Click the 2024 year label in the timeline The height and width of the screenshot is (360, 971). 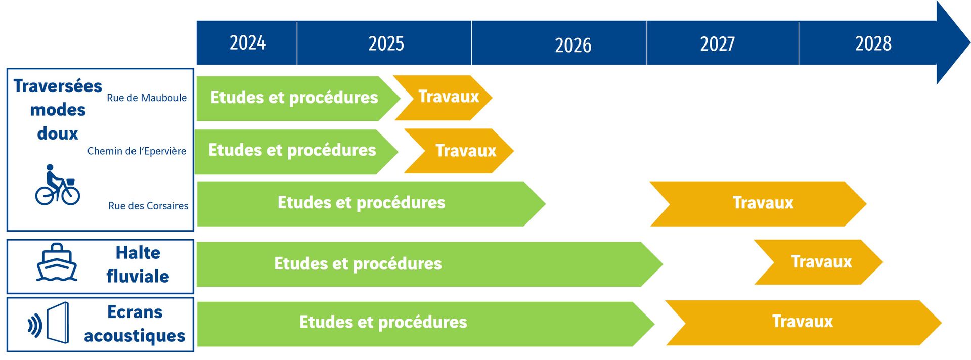(x=247, y=43)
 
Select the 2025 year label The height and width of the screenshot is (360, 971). (x=386, y=43)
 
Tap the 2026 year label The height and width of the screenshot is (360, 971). (x=572, y=46)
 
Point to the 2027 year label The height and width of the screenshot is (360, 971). (x=717, y=44)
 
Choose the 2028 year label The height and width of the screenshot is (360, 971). (x=873, y=43)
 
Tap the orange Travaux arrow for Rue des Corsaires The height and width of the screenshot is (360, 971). (x=759, y=203)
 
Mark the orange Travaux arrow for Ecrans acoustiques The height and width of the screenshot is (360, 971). (x=802, y=322)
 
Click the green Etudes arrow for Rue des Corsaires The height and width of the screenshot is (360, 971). (x=361, y=203)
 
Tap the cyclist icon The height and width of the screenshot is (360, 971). (x=57, y=186)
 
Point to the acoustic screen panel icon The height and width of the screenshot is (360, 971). (x=57, y=323)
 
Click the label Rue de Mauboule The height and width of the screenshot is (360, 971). (x=147, y=98)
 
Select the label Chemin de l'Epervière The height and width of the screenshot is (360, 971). (x=137, y=151)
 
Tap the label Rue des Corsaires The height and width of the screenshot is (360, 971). (x=148, y=206)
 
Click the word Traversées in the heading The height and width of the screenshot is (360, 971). (x=58, y=86)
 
